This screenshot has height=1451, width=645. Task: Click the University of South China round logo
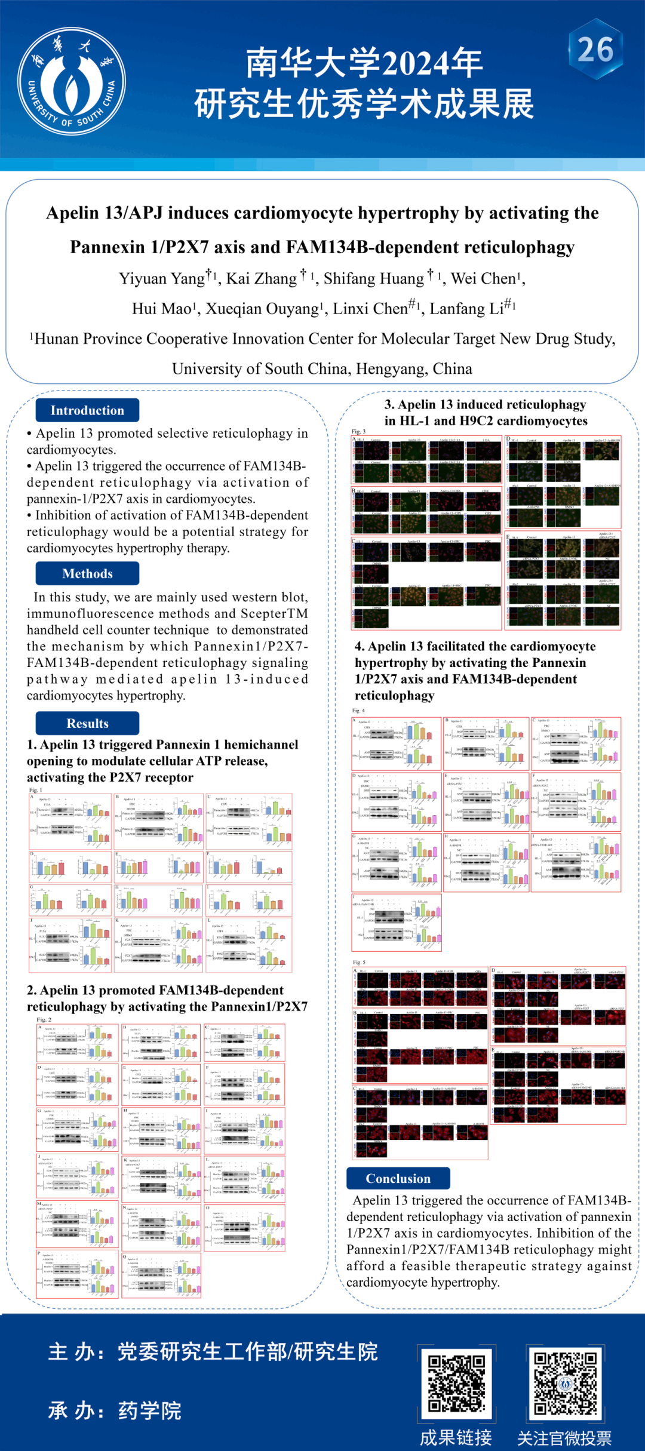tap(72, 81)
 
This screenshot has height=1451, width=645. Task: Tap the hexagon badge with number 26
tap(595, 49)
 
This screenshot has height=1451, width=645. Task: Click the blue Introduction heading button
tap(87, 410)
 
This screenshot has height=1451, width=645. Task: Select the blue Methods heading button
tap(87, 573)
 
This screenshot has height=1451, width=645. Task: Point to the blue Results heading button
tap(87, 723)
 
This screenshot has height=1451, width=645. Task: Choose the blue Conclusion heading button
tap(398, 1178)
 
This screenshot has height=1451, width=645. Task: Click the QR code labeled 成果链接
tap(456, 1383)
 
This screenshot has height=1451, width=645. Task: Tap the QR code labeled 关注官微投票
tap(565, 1383)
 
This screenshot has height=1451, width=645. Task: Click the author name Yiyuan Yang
tap(162, 279)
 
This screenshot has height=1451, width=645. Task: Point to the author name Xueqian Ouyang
tap(262, 309)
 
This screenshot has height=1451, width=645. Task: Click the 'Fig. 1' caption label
tap(36, 790)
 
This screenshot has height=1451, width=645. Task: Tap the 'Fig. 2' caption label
tap(44, 1019)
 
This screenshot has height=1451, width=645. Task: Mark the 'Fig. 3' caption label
tap(358, 431)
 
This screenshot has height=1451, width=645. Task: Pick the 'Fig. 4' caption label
tap(358, 711)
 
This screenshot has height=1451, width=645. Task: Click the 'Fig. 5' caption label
tap(359, 963)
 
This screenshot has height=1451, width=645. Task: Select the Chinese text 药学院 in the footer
tap(150, 1410)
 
